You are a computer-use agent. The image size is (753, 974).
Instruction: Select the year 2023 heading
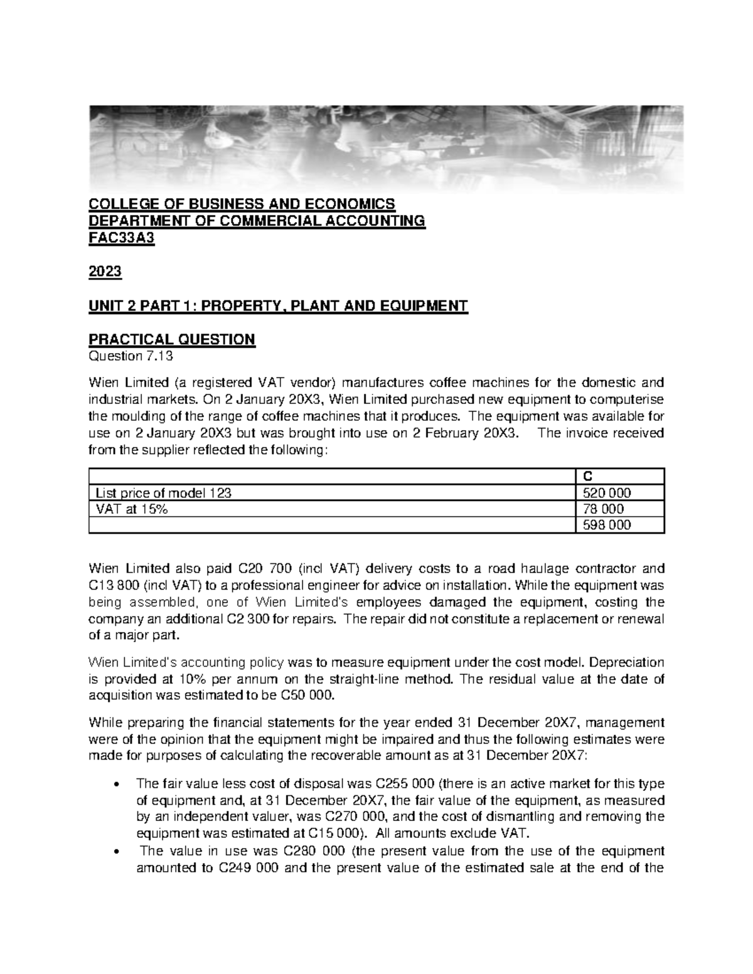(x=105, y=273)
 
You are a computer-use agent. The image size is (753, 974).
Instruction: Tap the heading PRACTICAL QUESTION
(x=172, y=340)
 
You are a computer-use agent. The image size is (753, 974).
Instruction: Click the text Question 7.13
(x=131, y=356)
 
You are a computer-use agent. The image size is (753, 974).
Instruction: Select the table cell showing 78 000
(x=604, y=509)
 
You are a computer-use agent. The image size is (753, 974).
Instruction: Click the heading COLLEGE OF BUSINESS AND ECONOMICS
(x=242, y=204)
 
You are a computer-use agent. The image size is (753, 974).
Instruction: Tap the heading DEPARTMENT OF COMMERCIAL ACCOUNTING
(x=257, y=221)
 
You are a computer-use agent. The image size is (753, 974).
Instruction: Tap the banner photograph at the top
(x=385, y=147)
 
